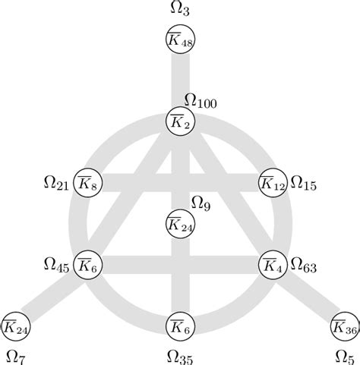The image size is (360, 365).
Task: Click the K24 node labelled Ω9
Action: pos(180,223)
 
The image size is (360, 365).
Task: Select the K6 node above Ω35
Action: pos(180,326)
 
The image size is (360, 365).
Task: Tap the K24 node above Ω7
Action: pos(16,326)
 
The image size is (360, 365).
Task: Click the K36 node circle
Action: pos(344,326)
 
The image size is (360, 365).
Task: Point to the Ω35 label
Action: pos(180,354)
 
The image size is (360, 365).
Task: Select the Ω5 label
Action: pos(343,354)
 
